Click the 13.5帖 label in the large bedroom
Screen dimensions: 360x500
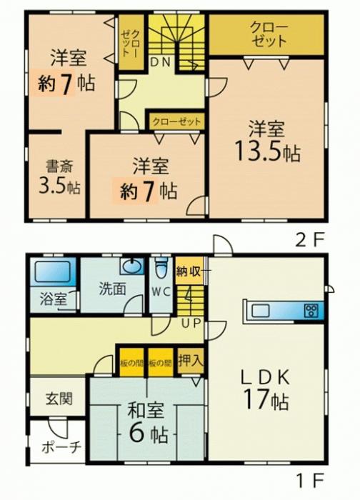click(x=267, y=151)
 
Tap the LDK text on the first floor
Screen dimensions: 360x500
click(x=265, y=377)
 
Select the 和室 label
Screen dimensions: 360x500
click(x=146, y=411)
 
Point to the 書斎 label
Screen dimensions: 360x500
click(x=59, y=166)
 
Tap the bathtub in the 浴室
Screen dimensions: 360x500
click(x=52, y=271)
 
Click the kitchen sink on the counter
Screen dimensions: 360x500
click(x=261, y=310)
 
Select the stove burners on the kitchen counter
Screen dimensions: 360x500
click(x=311, y=310)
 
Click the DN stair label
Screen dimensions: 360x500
click(x=161, y=62)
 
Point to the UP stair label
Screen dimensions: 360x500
click(x=191, y=323)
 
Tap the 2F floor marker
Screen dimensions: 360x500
click(x=309, y=241)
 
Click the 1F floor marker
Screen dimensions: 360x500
click(x=309, y=479)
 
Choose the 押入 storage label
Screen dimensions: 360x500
click(x=191, y=361)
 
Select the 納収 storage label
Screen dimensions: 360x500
click(x=189, y=271)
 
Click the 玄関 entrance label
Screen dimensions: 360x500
click(x=59, y=399)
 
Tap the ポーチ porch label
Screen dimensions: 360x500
click(x=61, y=447)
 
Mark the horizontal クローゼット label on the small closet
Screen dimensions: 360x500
click(x=176, y=121)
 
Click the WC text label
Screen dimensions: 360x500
click(x=161, y=292)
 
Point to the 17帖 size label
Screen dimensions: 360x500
click(x=266, y=399)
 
